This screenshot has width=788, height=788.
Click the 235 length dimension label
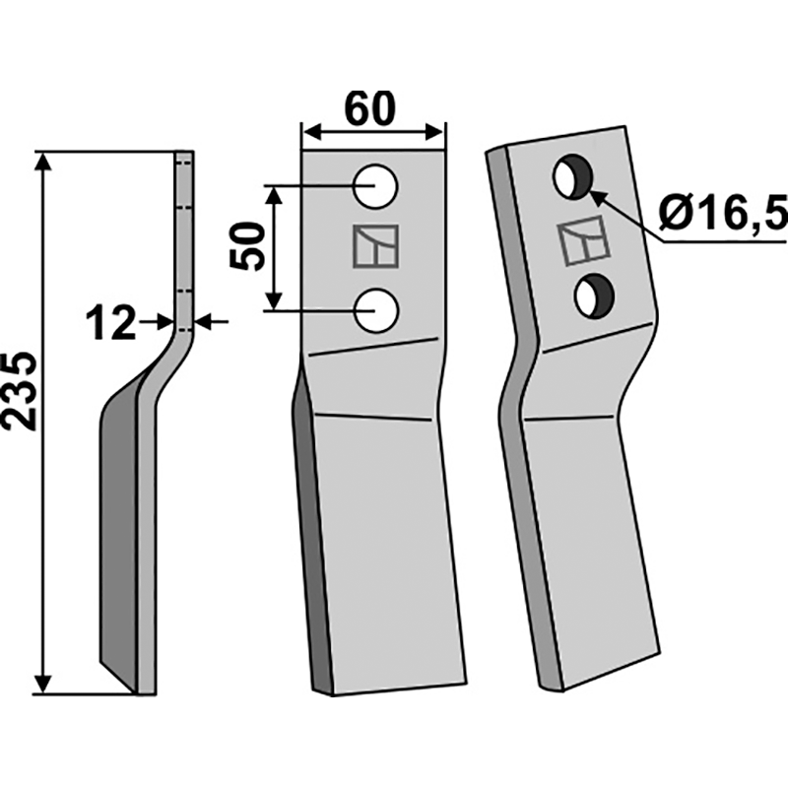click(x=22, y=390)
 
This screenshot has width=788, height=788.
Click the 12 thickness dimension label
click(x=110, y=322)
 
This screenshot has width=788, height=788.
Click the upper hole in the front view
click(x=375, y=187)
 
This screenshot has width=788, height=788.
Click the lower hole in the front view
click(x=375, y=310)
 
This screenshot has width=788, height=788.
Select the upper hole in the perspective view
click(x=570, y=177)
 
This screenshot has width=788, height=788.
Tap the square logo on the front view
click(x=375, y=247)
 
